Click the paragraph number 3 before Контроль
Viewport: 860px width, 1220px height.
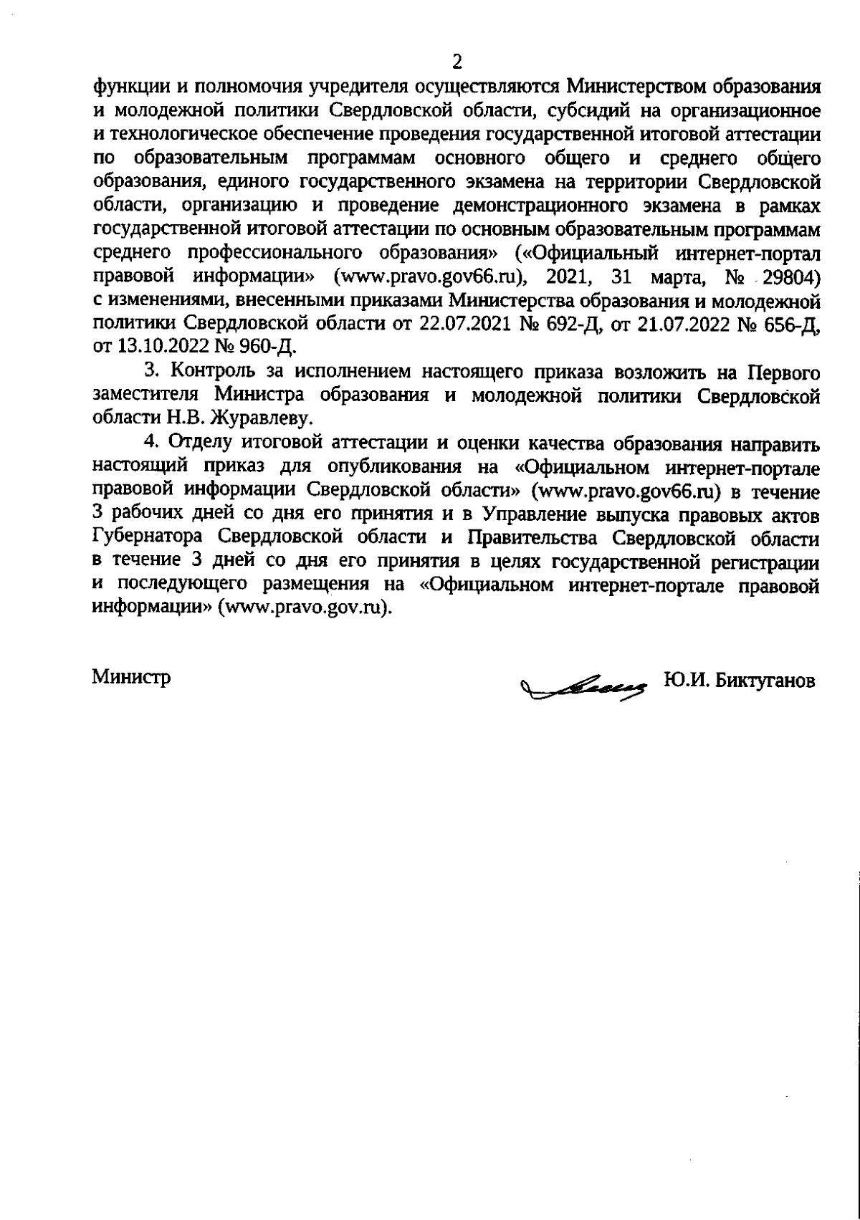pyautogui.click(x=150, y=373)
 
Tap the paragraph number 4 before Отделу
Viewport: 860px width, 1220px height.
pyautogui.click(x=150, y=443)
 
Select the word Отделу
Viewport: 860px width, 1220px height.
pyautogui.click(x=199, y=443)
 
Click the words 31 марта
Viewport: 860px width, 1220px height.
pyautogui.click(x=659, y=277)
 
